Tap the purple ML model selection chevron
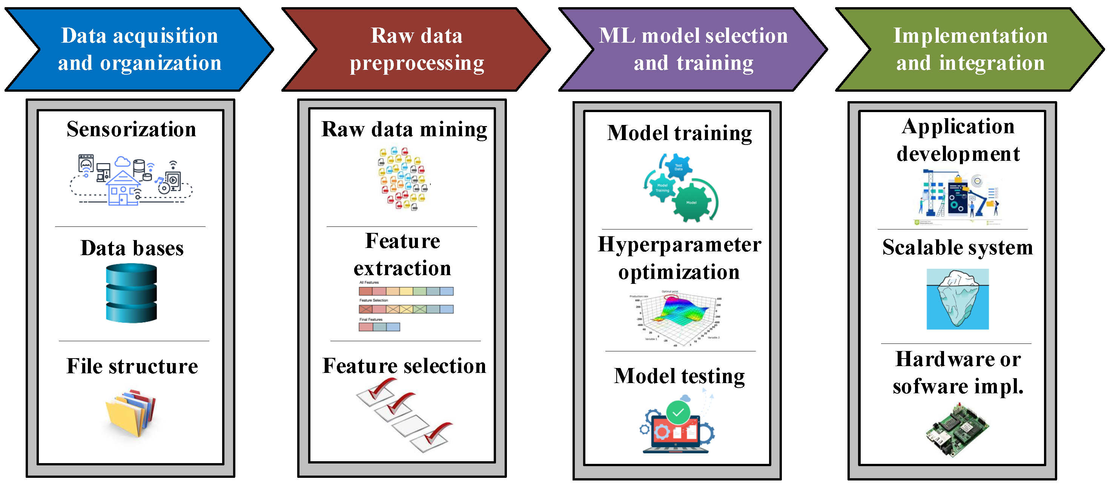[x=693, y=49]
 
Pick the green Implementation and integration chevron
[x=970, y=49]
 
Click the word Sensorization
[x=131, y=129]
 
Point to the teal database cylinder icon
[x=131, y=293]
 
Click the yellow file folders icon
[x=131, y=413]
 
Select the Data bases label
[x=132, y=248]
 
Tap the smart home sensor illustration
[x=131, y=180]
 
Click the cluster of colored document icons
[x=403, y=179]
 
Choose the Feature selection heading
[x=404, y=366]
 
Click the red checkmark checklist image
[x=404, y=415]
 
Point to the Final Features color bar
[x=379, y=327]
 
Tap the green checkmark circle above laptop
[x=678, y=412]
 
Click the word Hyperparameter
[x=680, y=245]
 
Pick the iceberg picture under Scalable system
[x=958, y=299]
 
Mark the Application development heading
[x=958, y=140]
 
